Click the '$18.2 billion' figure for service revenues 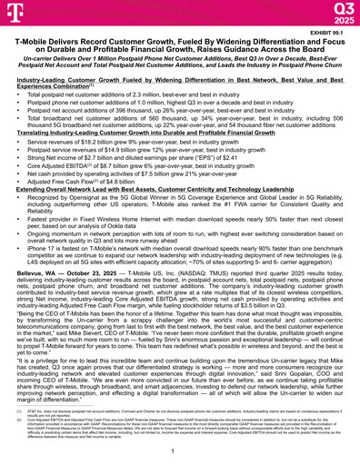97,143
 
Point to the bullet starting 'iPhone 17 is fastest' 182,242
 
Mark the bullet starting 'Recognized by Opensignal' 182,197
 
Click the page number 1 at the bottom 179,450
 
